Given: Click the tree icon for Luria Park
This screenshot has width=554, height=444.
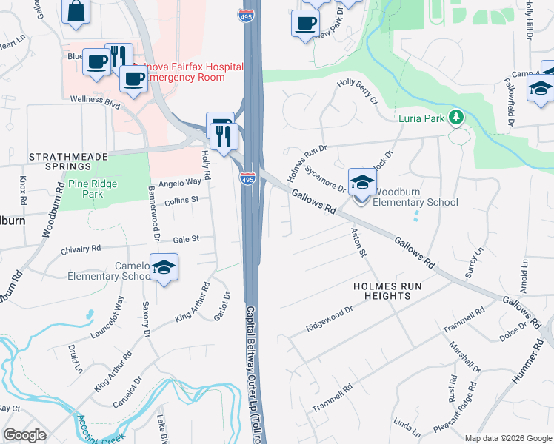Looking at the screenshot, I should coord(458,117).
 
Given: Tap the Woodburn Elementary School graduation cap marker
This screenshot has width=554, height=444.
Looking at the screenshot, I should coord(362,182).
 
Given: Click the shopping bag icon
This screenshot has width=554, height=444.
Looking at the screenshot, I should coord(76,12).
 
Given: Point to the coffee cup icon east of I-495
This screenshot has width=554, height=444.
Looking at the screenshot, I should coord(304,24).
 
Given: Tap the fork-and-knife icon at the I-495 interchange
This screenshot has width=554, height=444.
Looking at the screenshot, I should coord(220,135).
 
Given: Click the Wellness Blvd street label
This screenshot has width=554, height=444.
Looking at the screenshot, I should coord(95,100).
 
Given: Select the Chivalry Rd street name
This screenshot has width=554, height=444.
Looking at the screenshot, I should coord(75,249).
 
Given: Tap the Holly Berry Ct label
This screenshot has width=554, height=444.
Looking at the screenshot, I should coord(358,92).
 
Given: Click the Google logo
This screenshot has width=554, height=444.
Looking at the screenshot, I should coord(25,435).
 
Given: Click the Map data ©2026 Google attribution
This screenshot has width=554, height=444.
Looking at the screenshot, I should coord(507,438).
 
